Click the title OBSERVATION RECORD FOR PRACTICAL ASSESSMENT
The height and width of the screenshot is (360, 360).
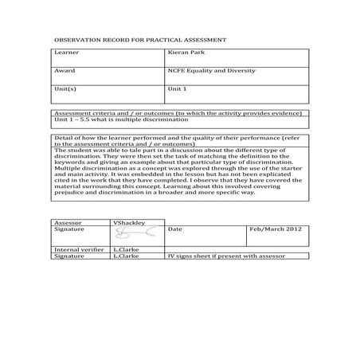click(x=139, y=39)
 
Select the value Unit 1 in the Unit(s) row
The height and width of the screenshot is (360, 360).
click(x=178, y=89)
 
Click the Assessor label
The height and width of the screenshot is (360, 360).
click(x=67, y=221)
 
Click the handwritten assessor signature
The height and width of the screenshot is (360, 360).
click(x=127, y=233)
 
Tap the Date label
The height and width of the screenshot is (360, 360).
click(x=175, y=229)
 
